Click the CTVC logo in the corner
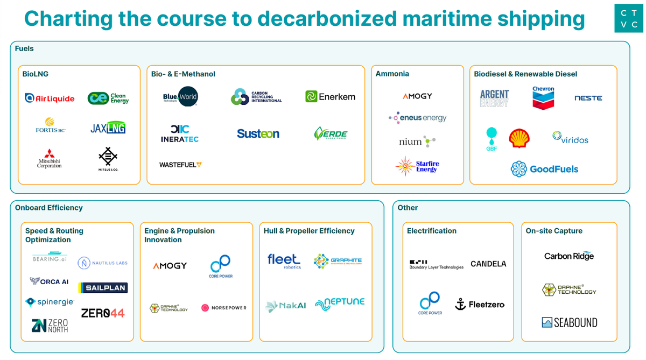click(x=629, y=18)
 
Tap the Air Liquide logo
click(x=50, y=98)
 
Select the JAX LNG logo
click(x=108, y=128)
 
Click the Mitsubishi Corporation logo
click(x=50, y=159)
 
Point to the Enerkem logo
click(x=330, y=97)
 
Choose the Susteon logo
click(x=258, y=133)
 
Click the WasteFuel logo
click(x=180, y=165)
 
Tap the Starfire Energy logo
click(x=417, y=166)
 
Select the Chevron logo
click(x=543, y=97)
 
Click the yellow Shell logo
click(x=519, y=138)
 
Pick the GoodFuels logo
click(x=544, y=169)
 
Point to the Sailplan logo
click(x=103, y=288)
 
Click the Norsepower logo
click(x=223, y=308)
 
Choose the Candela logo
click(x=488, y=264)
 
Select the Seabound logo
click(x=570, y=322)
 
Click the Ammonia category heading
click(x=392, y=74)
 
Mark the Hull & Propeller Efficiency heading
click(x=309, y=231)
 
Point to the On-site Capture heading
click(x=554, y=231)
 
